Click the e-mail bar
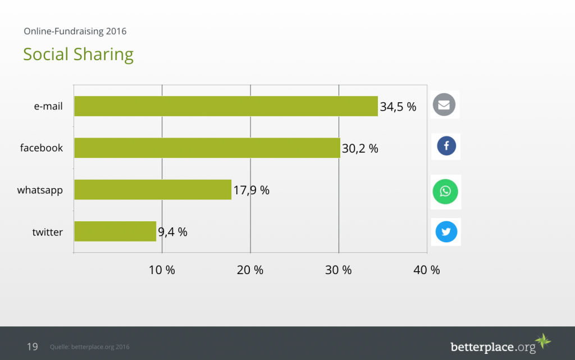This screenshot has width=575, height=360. (x=226, y=106)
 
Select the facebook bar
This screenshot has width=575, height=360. (x=207, y=148)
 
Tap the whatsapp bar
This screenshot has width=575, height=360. (x=153, y=190)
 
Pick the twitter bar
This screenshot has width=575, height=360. (x=115, y=231)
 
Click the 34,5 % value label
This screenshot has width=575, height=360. (x=398, y=107)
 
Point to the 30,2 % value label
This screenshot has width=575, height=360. (x=360, y=149)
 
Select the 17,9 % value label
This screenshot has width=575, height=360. (x=251, y=190)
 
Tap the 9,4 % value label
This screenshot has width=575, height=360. (x=172, y=232)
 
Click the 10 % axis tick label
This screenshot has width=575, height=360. (x=162, y=270)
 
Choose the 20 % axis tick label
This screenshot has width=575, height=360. (x=250, y=270)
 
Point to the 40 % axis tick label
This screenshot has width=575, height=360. (x=427, y=270)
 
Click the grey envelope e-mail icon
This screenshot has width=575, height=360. (x=444, y=105)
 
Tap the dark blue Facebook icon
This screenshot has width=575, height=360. (x=446, y=147)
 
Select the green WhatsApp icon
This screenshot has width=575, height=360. (x=445, y=192)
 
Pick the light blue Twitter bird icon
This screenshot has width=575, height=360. (x=446, y=231)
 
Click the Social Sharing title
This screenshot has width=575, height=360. (x=78, y=54)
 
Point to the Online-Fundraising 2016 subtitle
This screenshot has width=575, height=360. (x=75, y=31)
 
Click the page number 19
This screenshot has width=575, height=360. (x=33, y=347)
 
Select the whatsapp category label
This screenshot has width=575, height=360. (x=40, y=190)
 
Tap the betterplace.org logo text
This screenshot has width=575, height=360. (x=493, y=347)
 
